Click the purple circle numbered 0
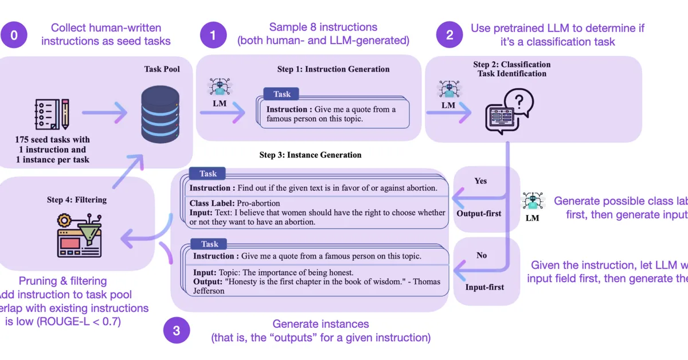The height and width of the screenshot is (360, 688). point(14,35)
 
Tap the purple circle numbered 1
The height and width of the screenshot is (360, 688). point(213,35)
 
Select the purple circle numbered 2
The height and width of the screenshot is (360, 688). point(449,35)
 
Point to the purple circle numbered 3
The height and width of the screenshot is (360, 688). point(177,331)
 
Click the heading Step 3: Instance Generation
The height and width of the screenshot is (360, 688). point(310,155)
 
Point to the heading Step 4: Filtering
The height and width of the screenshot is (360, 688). point(77,200)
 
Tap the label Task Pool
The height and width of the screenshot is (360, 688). point(162,69)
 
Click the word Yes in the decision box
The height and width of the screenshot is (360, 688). point(480,181)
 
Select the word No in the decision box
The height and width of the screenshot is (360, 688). point(482,255)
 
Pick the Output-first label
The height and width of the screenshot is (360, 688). point(479,213)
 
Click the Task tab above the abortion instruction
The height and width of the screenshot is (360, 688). point(208,174)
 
